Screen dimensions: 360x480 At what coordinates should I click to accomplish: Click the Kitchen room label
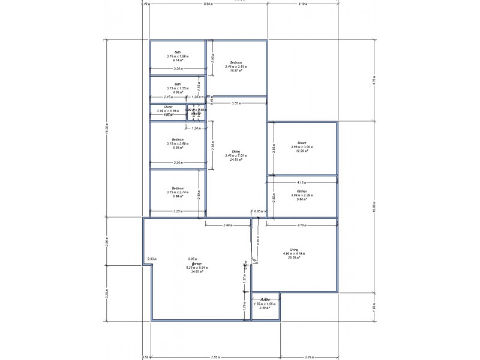(x=302, y=190)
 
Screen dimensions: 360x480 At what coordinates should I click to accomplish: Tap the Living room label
(x=294, y=249)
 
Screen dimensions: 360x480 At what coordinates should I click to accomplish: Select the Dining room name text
(x=236, y=151)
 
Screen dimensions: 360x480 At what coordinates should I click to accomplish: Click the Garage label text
(x=196, y=263)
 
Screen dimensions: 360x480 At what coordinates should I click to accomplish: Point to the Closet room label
(x=169, y=107)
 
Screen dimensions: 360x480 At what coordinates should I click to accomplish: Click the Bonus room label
(x=302, y=142)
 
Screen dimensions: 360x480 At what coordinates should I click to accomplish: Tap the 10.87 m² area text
(x=236, y=70)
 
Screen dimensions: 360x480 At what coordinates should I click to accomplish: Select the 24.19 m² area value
(x=236, y=160)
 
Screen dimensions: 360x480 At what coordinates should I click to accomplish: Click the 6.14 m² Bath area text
(x=178, y=61)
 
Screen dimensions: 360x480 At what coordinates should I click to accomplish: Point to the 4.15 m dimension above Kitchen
(x=302, y=182)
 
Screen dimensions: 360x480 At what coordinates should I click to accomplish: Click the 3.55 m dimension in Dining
(x=236, y=104)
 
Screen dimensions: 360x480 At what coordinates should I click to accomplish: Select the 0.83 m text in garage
(x=152, y=259)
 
